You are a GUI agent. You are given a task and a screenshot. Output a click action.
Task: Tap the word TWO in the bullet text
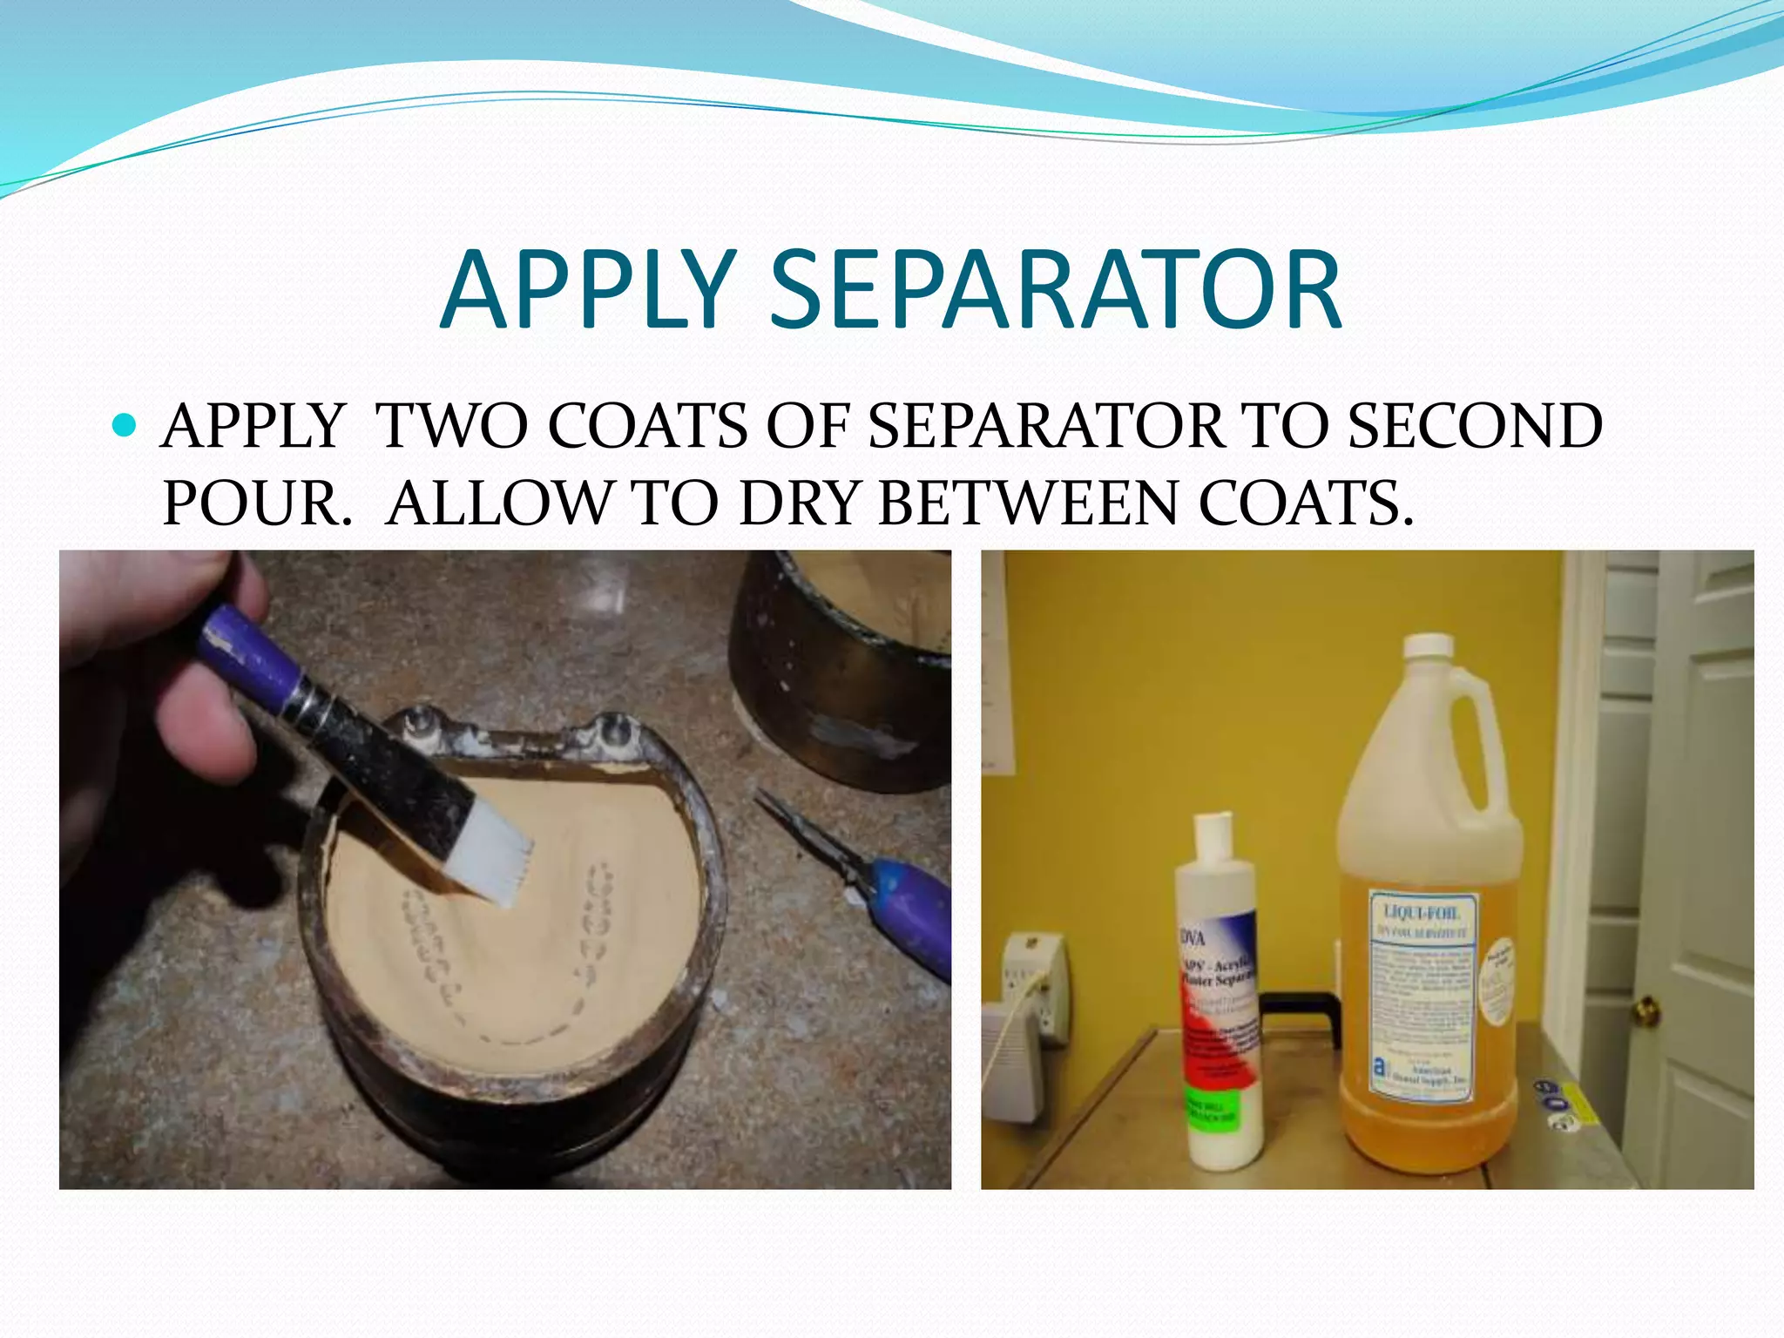(453, 426)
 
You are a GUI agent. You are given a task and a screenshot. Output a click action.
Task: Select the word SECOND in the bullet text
(1475, 426)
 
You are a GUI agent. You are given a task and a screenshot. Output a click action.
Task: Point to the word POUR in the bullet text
(255, 503)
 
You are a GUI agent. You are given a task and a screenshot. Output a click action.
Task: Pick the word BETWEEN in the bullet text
(1028, 503)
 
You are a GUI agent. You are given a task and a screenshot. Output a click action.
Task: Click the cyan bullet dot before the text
(125, 426)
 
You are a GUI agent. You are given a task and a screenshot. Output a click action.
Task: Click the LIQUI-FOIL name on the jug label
(1421, 912)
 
